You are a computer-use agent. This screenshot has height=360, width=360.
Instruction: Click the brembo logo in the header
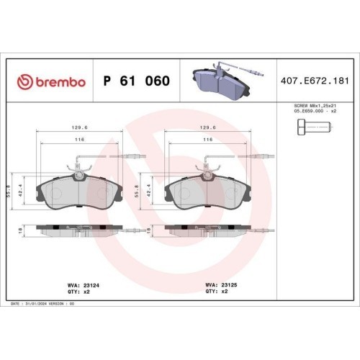51,82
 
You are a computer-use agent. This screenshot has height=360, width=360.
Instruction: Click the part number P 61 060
137,81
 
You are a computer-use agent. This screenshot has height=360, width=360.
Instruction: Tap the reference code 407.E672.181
315,81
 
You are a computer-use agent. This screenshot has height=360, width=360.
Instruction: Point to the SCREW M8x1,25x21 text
315,106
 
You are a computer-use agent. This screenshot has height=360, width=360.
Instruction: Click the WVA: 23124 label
84,285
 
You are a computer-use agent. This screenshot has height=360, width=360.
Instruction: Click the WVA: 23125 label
221,285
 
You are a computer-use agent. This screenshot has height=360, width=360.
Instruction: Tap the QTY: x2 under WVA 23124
78,292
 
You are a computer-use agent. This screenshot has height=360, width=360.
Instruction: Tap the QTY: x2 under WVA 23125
217,292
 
